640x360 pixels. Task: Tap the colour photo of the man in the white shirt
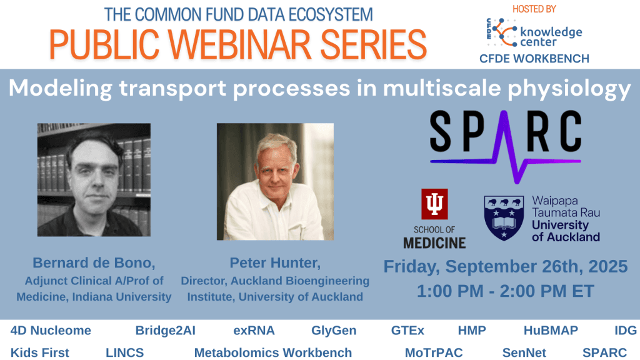pyautogui.click(x=275, y=181)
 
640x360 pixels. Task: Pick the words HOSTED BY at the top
pyautogui.click(x=534, y=9)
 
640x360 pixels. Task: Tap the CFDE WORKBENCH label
pyautogui.click(x=534, y=59)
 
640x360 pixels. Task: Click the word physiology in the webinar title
pyautogui.click(x=566, y=89)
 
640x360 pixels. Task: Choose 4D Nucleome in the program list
pyautogui.click(x=51, y=331)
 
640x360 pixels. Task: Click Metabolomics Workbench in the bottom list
pyautogui.click(x=272, y=352)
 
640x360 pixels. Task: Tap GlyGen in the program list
pyautogui.click(x=334, y=331)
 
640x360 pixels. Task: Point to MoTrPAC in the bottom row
pyautogui.click(x=433, y=352)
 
